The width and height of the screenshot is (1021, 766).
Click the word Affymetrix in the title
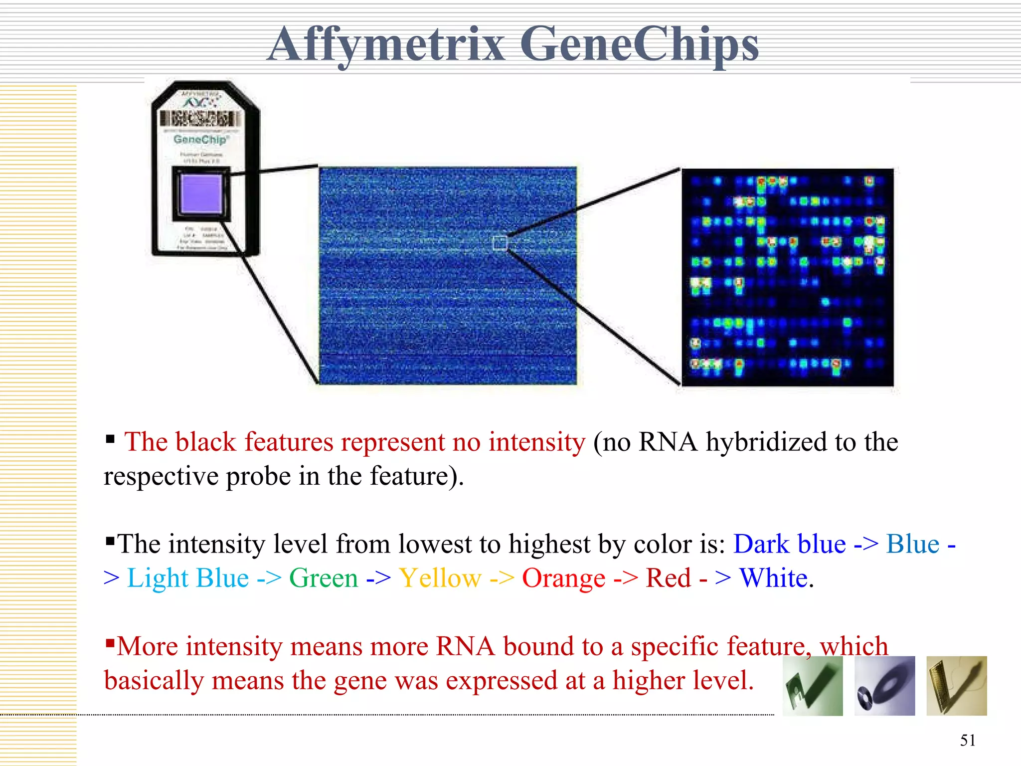click(386, 45)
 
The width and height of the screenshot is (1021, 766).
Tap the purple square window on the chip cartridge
click(201, 193)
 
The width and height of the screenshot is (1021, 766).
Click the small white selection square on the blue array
click(500, 243)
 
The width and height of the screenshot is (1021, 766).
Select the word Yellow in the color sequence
click(440, 578)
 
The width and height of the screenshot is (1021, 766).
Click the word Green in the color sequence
click(324, 578)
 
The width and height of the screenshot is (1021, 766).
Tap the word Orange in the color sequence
click(564, 578)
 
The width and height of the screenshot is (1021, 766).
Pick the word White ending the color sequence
click(773, 578)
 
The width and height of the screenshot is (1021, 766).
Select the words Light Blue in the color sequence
click(188, 578)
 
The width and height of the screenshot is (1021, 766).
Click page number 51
click(968, 740)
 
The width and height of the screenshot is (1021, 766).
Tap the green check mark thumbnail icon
click(813, 686)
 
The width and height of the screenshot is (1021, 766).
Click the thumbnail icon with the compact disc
click(884, 686)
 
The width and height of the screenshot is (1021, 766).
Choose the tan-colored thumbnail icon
click(956, 686)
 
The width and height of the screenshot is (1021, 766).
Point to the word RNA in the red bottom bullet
click(465, 646)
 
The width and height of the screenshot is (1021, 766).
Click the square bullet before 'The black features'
click(110, 439)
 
